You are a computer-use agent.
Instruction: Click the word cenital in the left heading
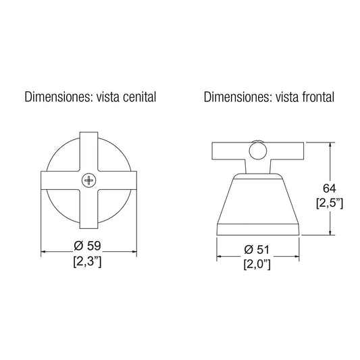[x=139, y=97]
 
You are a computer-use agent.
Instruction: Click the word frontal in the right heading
[x=318, y=97]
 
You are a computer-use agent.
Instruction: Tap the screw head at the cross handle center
[x=88, y=180]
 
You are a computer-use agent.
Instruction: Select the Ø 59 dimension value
[x=87, y=246]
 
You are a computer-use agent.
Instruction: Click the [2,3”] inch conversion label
[x=87, y=261]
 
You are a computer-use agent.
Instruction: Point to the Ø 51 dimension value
[x=257, y=249]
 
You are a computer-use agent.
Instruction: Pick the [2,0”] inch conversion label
[x=257, y=265]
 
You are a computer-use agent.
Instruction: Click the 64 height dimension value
[x=329, y=188]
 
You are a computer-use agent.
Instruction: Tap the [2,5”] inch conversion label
[x=330, y=203]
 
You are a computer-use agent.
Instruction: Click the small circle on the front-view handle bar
[x=258, y=151]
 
